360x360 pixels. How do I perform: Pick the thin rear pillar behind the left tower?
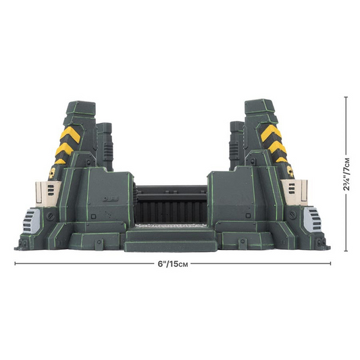(x=103, y=145)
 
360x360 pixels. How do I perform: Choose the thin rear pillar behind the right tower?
(x=237, y=145)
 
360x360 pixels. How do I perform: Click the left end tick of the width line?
(x=15, y=263)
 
